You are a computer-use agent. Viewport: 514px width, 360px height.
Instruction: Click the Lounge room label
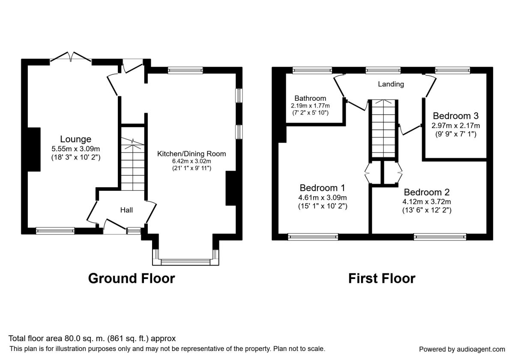click(x=75, y=139)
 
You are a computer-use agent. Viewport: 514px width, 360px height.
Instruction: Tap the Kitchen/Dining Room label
click(x=191, y=153)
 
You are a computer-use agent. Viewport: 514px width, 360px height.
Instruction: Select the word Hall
click(x=126, y=210)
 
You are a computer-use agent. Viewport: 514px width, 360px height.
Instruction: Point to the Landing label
click(x=391, y=84)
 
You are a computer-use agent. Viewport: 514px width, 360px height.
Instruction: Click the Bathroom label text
click(x=310, y=98)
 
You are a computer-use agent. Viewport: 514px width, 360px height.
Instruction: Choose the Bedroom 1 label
click(x=323, y=188)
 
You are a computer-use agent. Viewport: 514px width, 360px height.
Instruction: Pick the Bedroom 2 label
click(x=427, y=192)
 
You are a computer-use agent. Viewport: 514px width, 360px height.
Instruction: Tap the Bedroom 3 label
click(x=456, y=116)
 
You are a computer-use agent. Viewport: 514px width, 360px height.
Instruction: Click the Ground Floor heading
click(x=131, y=279)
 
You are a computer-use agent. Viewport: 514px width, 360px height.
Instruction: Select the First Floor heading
click(x=382, y=279)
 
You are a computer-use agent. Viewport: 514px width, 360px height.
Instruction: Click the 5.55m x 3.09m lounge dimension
click(x=75, y=149)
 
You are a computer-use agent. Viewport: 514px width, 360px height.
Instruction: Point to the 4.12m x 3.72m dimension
click(x=427, y=201)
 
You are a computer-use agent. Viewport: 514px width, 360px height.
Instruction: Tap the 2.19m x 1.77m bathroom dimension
click(x=310, y=105)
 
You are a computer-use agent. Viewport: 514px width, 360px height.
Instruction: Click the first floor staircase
click(x=383, y=129)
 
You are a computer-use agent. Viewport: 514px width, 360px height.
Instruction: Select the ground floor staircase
click(x=133, y=164)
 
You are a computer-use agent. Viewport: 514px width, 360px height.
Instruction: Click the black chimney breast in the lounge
click(x=34, y=150)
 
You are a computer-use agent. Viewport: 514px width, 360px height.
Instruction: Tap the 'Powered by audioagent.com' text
click(x=462, y=349)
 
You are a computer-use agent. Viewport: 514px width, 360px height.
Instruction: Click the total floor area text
click(x=92, y=339)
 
